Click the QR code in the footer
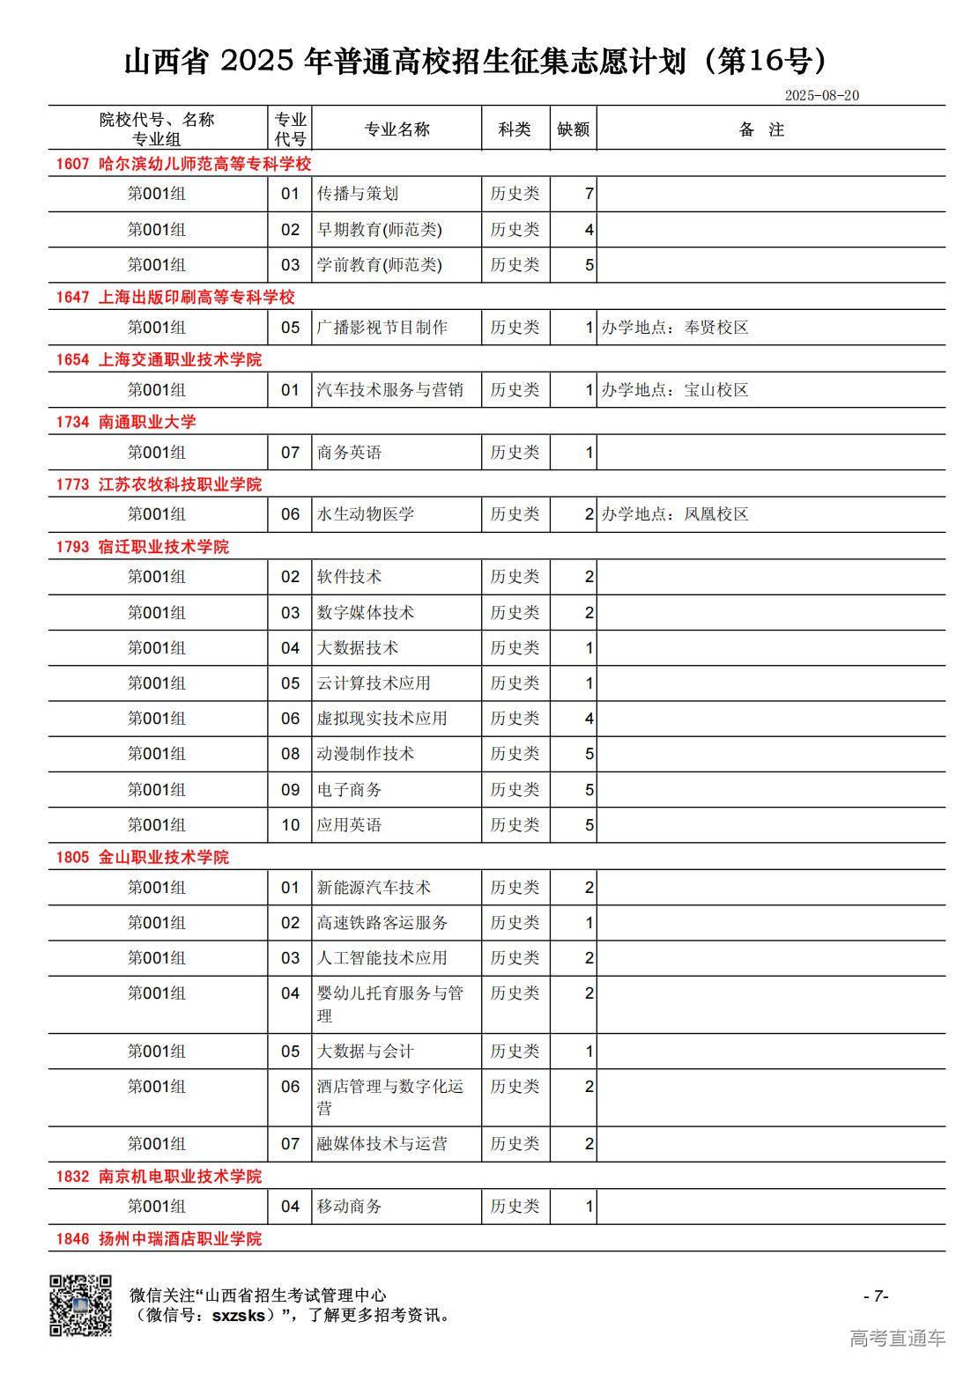pyautogui.click(x=80, y=1305)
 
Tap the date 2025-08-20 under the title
pyautogui.click(x=821, y=95)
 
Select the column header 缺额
pyautogui.click(x=573, y=129)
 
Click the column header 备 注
pyautogui.click(x=761, y=129)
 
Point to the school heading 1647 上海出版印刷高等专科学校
pyautogui.click(x=175, y=297)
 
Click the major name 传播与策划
pyautogui.click(x=358, y=194)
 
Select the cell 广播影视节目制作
pyautogui.click(x=382, y=328)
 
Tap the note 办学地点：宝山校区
pyautogui.click(x=675, y=390)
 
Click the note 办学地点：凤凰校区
pyautogui.click(x=675, y=514)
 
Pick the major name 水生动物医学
pyautogui.click(x=366, y=514)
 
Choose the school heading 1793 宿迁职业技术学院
pyautogui.click(x=143, y=547)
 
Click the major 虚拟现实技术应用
pyautogui.click(x=382, y=719)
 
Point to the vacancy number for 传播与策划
pyautogui.click(x=589, y=194)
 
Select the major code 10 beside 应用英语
pyautogui.click(x=291, y=825)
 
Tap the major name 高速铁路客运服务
pyautogui.click(x=382, y=923)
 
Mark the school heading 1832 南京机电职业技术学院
pyautogui.click(x=159, y=1177)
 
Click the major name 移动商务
pyautogui.click(x=350, y=1207)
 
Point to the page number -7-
pyautogui.click(x=875, y=1295)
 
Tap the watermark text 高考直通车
pyautogui.click(x=897, y=1338)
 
